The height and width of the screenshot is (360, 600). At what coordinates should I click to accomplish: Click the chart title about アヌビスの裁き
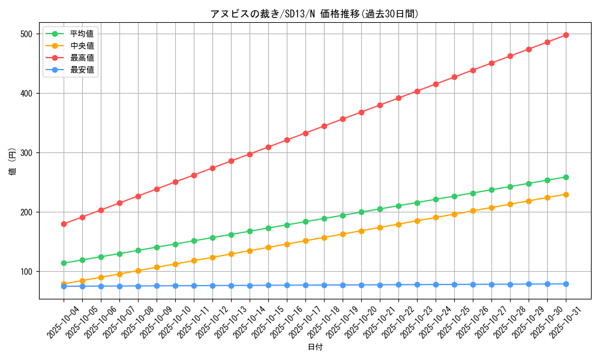coord(314,14)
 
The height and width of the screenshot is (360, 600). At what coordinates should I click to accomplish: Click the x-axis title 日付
coord(314,347)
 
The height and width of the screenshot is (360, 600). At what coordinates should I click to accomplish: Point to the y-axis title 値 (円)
coord(12,162)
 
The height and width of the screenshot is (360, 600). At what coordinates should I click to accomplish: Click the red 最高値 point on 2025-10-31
coord(566,35)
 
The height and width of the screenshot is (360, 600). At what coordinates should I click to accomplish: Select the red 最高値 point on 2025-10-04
coord(64,224)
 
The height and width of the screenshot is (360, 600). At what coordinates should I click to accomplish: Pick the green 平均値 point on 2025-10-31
coord(566,177)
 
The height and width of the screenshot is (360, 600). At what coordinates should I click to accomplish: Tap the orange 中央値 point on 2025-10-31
coord(566,194)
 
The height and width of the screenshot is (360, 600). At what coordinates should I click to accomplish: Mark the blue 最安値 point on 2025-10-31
coord(566,284)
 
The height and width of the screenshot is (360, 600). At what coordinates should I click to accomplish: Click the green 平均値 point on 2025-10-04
coord(64,263)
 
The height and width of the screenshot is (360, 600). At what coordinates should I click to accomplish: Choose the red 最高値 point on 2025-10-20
coord(361,112)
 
